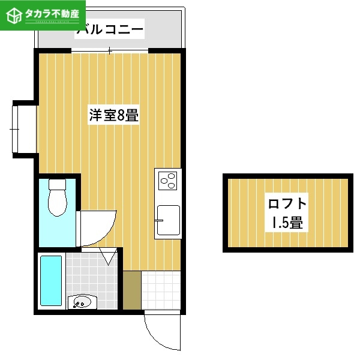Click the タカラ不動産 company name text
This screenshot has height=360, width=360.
[52, 14]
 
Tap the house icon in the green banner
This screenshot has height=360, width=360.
[14, 16]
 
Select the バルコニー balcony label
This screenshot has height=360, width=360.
[110, 29]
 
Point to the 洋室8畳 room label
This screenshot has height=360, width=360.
[113, 115]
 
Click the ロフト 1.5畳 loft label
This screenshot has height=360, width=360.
[287, 213]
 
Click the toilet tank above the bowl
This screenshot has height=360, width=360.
[58, 184]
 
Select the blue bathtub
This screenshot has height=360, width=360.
[51, 281]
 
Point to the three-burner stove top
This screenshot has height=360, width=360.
[168, 181]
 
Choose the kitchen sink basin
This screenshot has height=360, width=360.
[168, 220]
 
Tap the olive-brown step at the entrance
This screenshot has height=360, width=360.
[132, 290]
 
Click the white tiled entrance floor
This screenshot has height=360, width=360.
[161, 290]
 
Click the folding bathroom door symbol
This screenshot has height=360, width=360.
[108, 256]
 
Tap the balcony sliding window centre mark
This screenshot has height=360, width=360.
[110, 50]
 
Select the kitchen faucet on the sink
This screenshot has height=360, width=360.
[159, 220]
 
